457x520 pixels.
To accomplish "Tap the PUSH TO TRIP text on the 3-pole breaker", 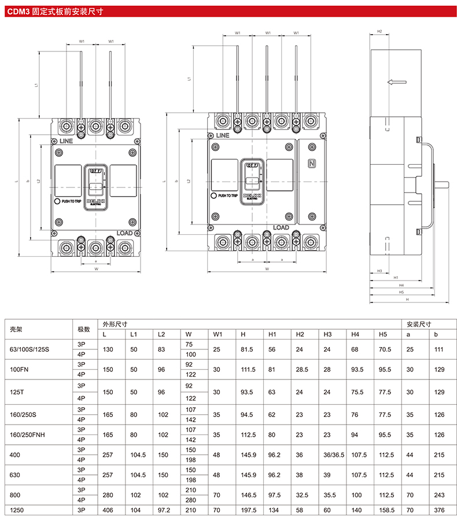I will pos(72,201).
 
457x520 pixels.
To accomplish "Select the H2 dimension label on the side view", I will pos(379,31).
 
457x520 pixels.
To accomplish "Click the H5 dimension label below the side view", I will pos(401,292).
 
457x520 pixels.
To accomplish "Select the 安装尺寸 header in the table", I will pos(419,324).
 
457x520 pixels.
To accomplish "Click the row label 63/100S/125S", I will pos(31,349).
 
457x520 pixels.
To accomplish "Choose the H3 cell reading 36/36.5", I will pos(333,455).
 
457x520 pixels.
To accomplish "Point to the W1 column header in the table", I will pos(218,334).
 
